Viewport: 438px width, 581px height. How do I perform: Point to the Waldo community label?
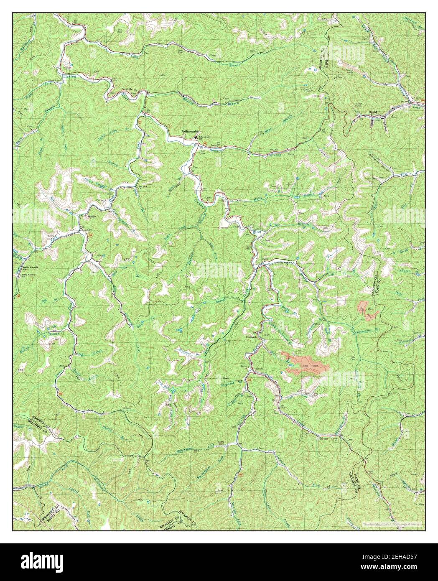[92, 217]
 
